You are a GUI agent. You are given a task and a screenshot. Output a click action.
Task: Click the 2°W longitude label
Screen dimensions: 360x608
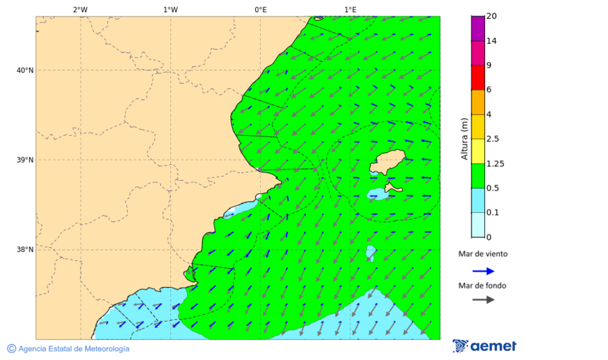[x=80, y=9]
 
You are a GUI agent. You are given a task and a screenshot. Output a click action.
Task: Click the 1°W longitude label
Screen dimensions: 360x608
[x=170, y=9]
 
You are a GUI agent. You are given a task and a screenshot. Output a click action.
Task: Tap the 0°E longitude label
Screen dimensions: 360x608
[x=260, y=9]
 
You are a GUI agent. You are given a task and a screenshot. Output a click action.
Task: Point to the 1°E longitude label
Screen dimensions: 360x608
[x=350, y=9]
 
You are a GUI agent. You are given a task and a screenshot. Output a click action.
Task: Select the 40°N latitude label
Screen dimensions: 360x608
[x=24, y=70]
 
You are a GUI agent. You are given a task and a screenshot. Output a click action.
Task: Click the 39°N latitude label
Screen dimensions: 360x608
[x=24, y=160]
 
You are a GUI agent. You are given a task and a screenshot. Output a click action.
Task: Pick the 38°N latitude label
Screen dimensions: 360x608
[x=24, y=250]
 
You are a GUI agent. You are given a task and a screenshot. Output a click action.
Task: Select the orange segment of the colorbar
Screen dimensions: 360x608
[x=478, y=102]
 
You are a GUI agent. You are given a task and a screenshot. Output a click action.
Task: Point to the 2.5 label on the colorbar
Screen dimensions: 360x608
[x=492, y=139]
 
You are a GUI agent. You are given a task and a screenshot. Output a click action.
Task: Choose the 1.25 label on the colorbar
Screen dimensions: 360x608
[x=495, y=163]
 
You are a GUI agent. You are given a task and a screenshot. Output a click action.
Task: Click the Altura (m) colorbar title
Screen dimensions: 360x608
[x=464, y=138]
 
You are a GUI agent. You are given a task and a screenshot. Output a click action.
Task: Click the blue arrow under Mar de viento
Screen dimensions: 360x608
[x=483, y=271]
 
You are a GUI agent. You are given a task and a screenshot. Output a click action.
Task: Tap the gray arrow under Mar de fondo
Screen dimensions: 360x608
[x=483, y=300]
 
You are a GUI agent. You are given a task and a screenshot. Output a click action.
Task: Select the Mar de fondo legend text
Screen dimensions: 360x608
[x=482, y=286]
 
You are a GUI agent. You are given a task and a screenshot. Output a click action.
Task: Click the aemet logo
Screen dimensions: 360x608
[x=484, y=346]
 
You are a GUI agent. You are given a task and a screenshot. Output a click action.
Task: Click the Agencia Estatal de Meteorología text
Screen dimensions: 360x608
[x=74, y=349]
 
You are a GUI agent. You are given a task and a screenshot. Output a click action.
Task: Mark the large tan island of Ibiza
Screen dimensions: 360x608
[x=387, y=163]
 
